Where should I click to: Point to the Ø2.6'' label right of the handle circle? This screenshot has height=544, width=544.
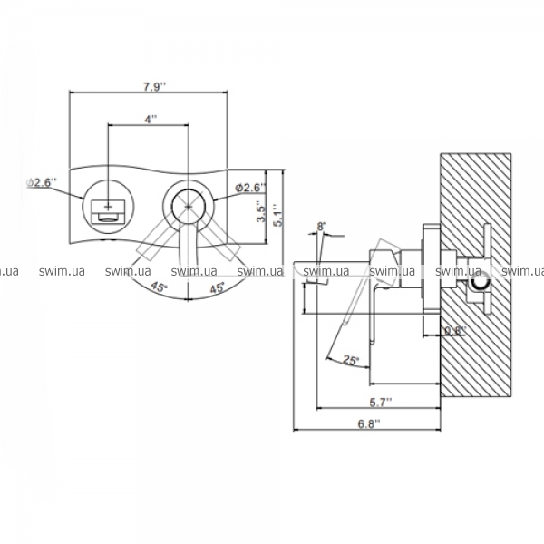point(249,187)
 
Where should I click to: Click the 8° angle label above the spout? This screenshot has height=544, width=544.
point(322,226)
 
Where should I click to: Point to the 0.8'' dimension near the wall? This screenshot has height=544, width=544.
point(454,331)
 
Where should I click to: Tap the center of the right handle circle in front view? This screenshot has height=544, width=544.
point(189,205)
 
